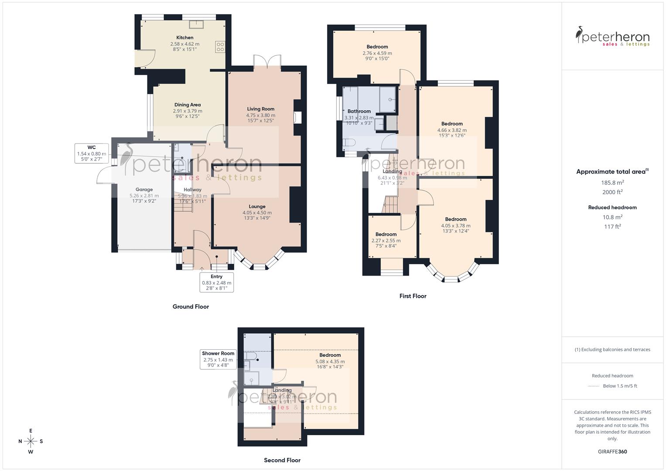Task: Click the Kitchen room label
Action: [184, 38]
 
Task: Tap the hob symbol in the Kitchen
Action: [220, 47]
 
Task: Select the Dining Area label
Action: [188, 105]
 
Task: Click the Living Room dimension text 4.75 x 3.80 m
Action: [260, 115]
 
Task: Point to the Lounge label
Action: [257, 206]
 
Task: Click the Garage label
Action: [144, 190]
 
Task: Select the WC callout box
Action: [92, 154]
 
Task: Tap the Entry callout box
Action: [216, 282]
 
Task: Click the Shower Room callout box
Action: [218, 359]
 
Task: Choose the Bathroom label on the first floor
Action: [359, 111]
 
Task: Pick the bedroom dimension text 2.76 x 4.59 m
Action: [377, 53]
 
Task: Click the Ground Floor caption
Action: [191, 307]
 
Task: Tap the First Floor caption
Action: [413, 296]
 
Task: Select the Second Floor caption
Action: [282, 460]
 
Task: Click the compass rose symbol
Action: [31, 441]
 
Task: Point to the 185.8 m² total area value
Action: [612, 183]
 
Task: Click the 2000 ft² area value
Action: [612, 192]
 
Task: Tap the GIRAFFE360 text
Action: [612, 451]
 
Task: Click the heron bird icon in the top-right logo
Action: [579, 35]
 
